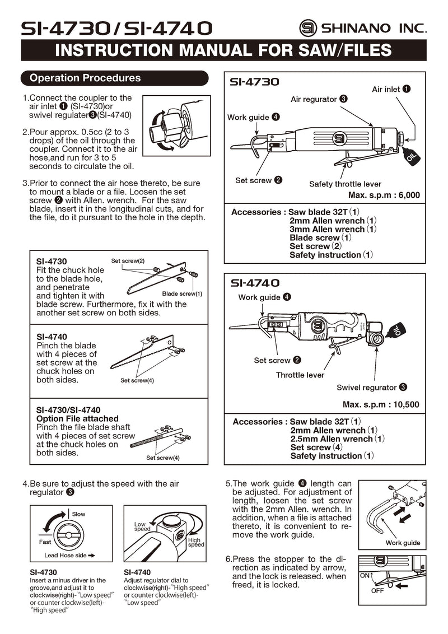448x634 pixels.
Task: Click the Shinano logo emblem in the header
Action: pyautogui.click(x=308, y=27)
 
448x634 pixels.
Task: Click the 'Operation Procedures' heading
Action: pyautogui.click(x=85, y=78)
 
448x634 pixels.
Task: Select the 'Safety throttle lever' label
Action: pyautogui.click(x=345, y=184)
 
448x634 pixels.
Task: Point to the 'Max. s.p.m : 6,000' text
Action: pyautogui.click(x=384, y=195)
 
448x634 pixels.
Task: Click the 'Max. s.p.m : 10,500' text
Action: pyautogui.click(x=381, y=404)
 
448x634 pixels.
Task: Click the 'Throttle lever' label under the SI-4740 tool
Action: pyautogui.click(x=300, y=375)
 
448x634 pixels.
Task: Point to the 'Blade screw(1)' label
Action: pyautogui.click(x=182, y=293)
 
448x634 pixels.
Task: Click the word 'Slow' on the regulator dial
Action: pyautogui.click(x=79, y=514)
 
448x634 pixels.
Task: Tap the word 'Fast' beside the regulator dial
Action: pyautogui.click(x=45, y=542)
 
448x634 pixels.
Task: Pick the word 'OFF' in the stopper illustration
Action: pyautogui.click(x=377, y=591)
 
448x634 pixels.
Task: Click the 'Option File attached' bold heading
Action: pyautogui.click(x=77, y=418)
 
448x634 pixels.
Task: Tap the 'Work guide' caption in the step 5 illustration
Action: pyautogui.click(x=403, y=543)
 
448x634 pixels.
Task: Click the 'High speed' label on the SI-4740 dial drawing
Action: pyautogui.click(x=195, y=542)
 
